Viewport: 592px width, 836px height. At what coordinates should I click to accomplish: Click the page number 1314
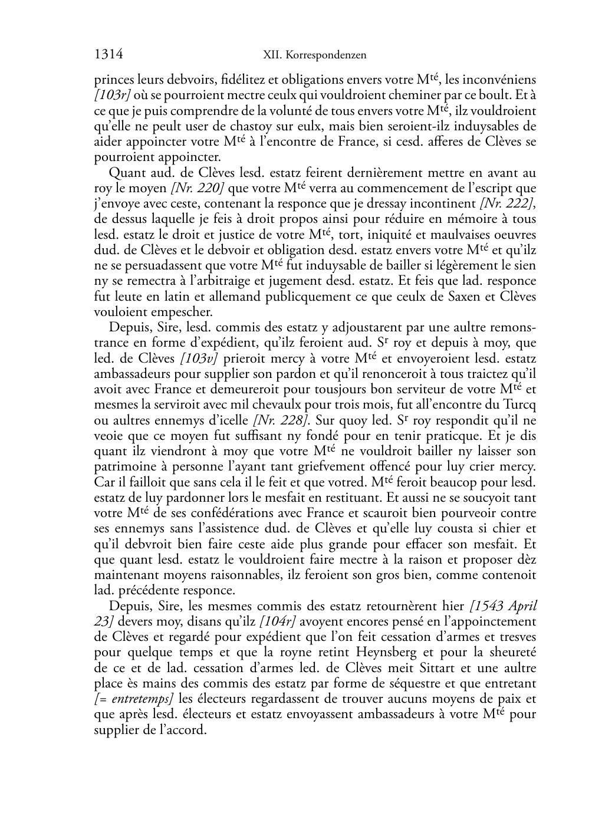[x=108, y=55]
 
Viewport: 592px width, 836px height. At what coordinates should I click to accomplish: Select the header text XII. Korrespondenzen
[x=314, y=55]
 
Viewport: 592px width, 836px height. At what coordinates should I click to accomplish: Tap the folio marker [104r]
[x=278, y=621]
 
